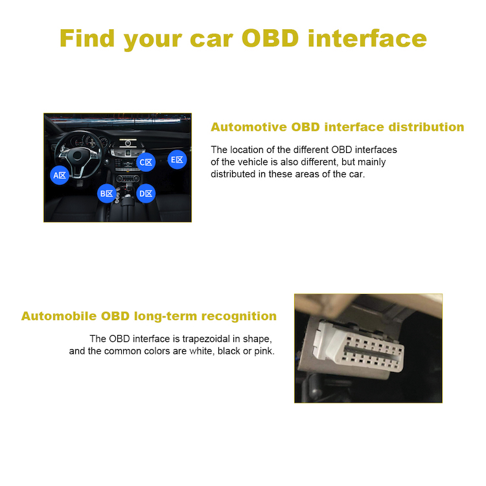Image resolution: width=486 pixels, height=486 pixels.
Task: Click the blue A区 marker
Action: click(60, 175)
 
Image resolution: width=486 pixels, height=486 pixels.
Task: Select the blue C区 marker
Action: click(146, 162)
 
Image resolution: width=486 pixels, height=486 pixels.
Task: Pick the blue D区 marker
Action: click(146, 193)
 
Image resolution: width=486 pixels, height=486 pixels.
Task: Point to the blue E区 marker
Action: click(178, 159)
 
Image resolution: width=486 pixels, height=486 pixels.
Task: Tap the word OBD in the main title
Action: click(271, 38)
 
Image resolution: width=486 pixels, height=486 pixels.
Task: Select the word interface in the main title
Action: click(367, 38)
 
